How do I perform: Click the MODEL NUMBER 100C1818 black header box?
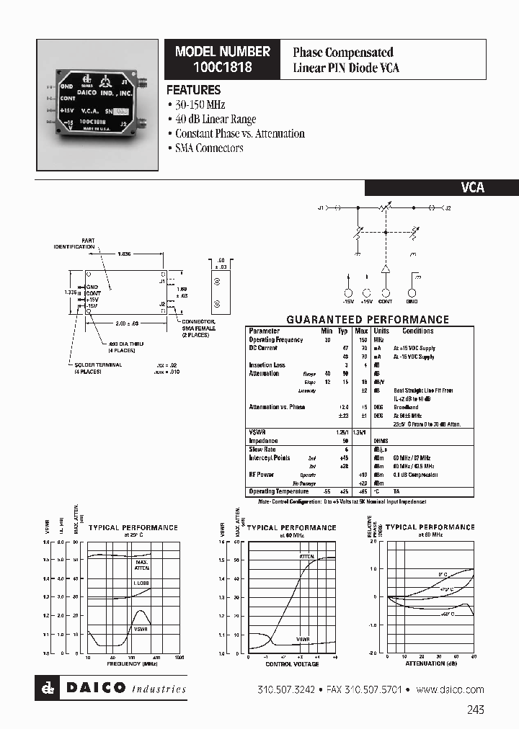223,59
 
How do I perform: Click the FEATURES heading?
194,91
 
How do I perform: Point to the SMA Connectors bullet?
209,148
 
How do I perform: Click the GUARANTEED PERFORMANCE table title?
368,319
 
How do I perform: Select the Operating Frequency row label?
276,339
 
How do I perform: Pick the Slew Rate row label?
262,450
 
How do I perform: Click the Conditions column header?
418,331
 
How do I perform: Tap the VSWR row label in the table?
257,432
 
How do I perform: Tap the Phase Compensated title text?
342,53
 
